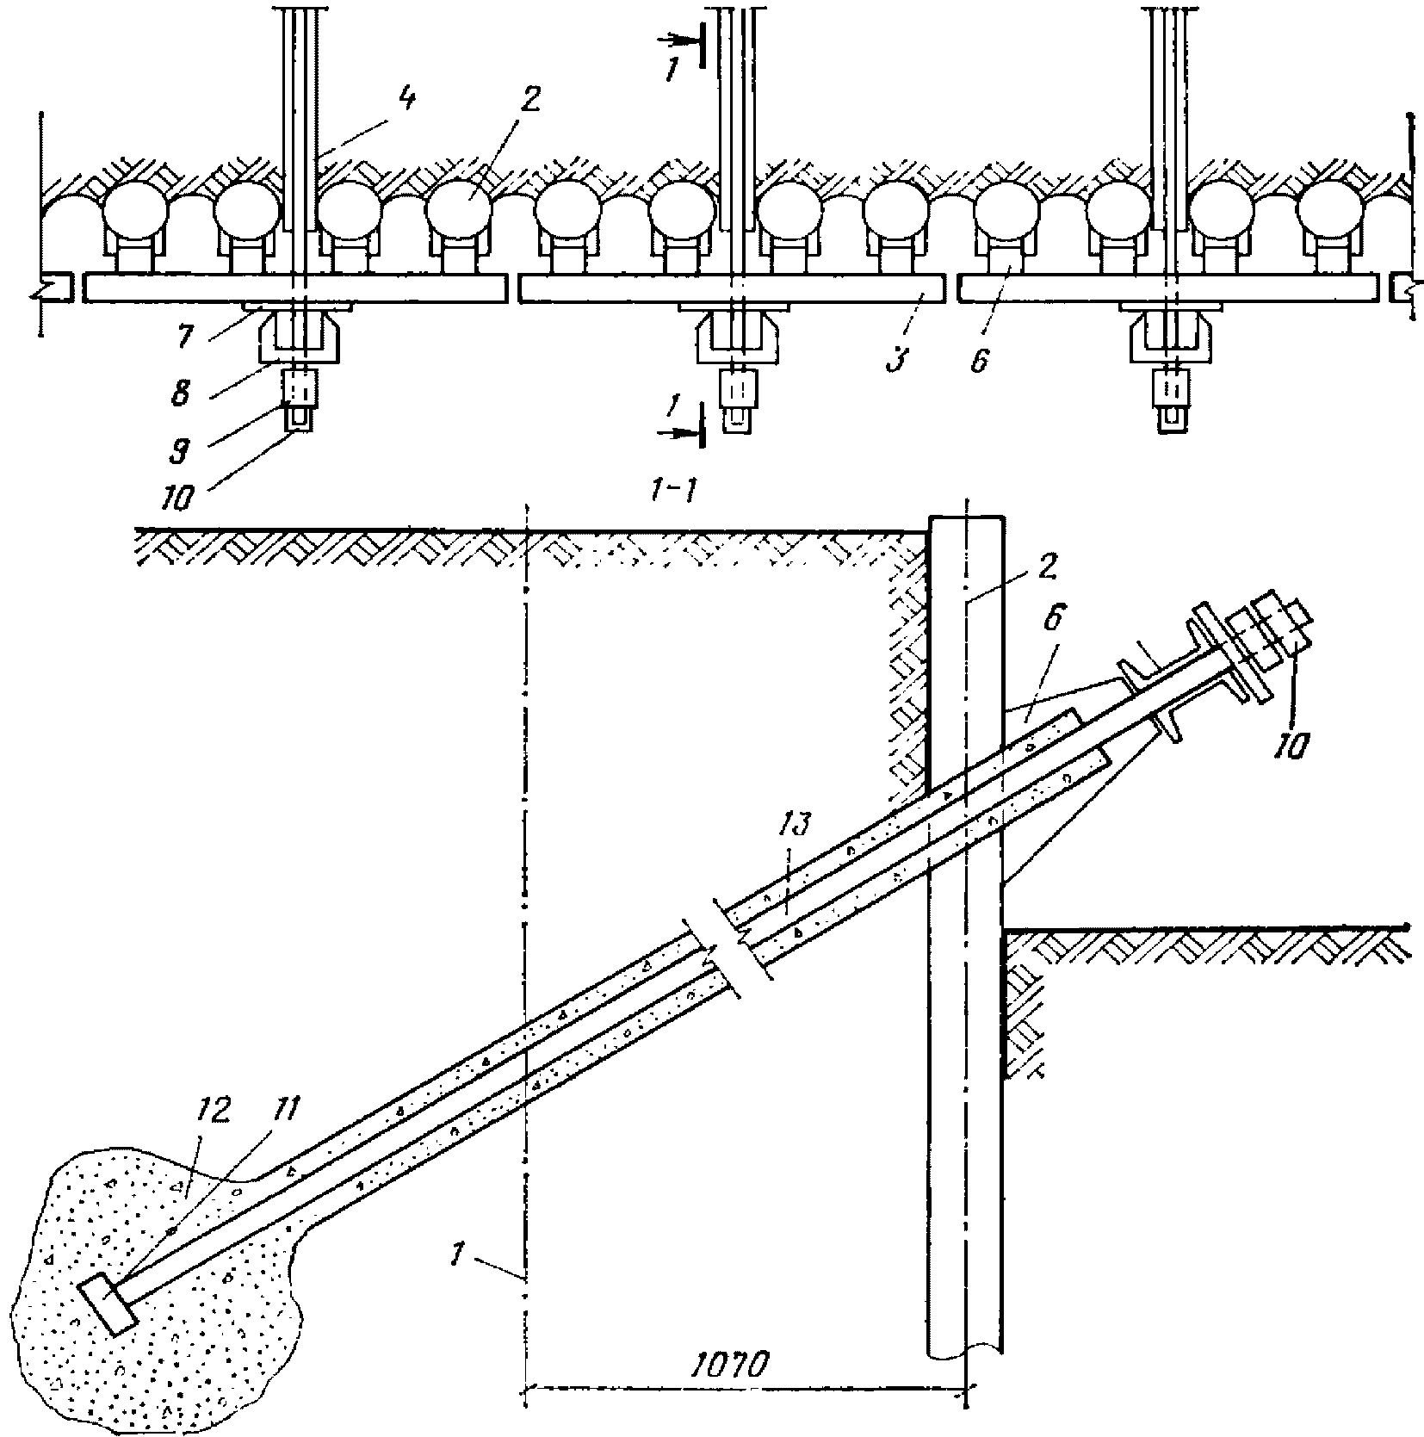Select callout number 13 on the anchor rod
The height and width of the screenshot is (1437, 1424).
[794, 826]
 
